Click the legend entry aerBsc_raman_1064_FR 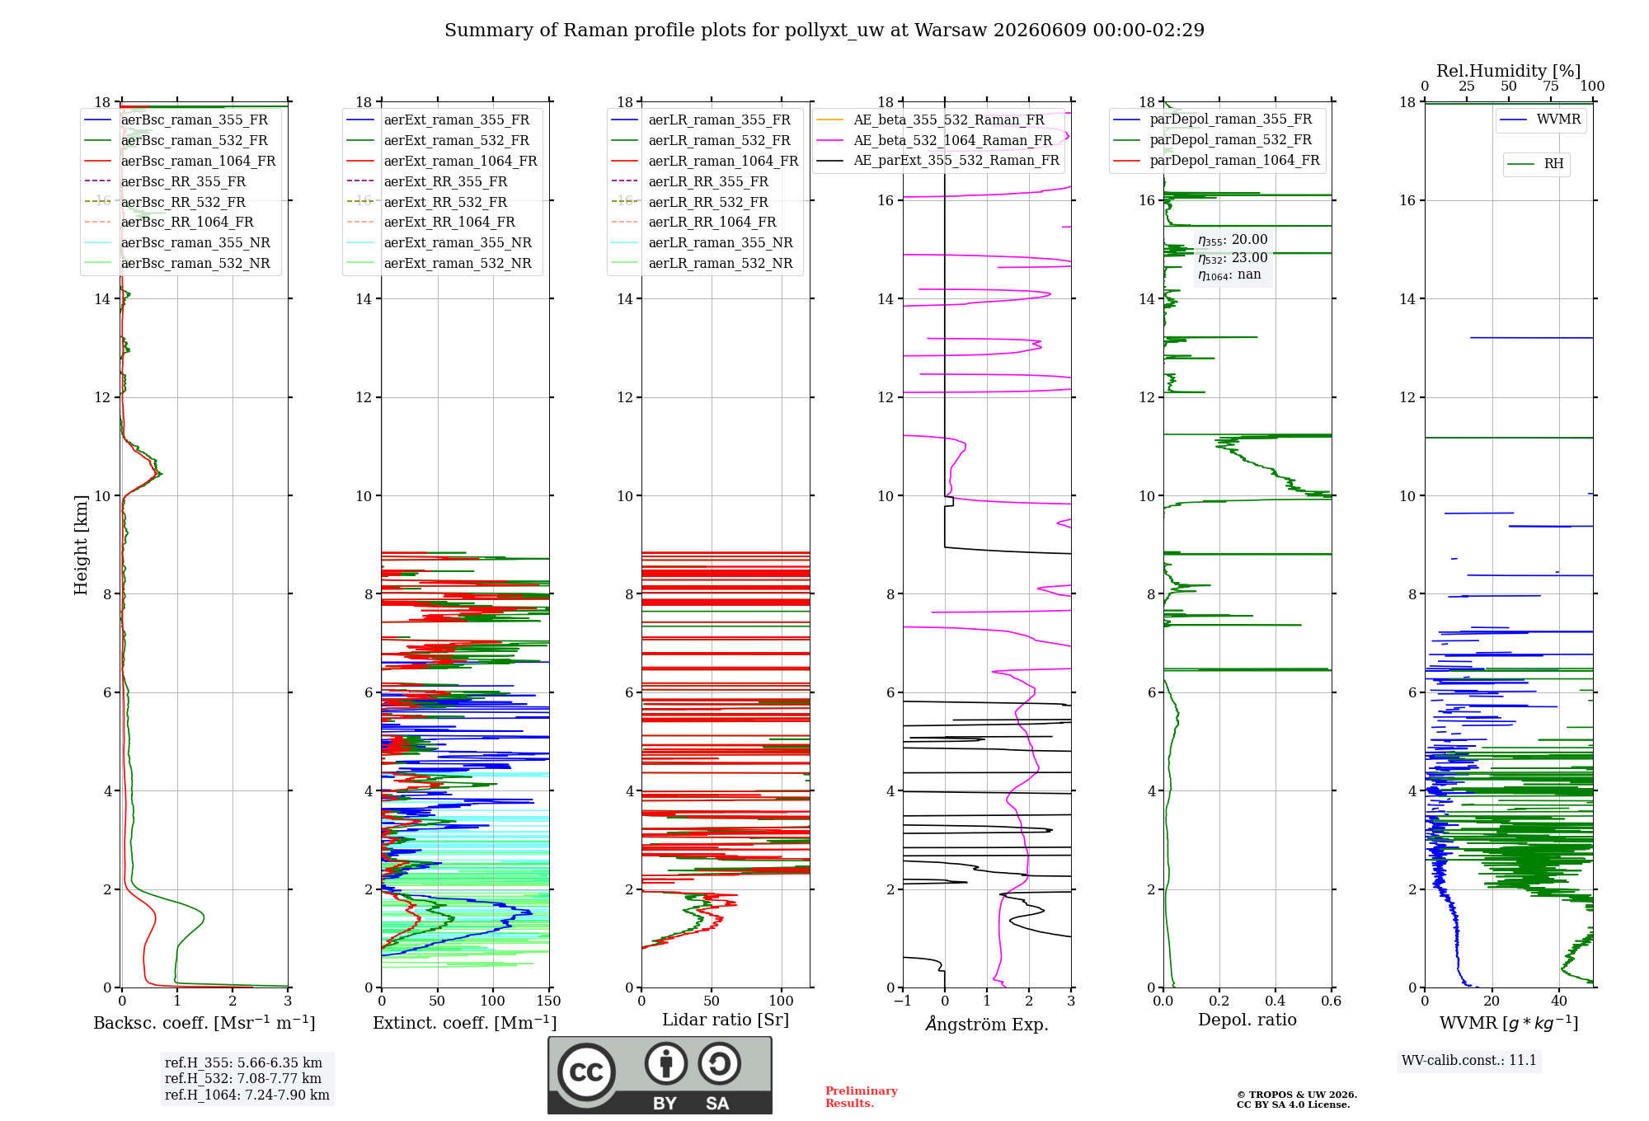pos(180,162)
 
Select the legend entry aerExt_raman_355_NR pos(439,243)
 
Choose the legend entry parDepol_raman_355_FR pos(1212,120)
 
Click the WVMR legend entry pos(1540,120)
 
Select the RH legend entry pos(1535,164)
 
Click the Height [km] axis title pos(81,545)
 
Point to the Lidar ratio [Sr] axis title pos(726,1020)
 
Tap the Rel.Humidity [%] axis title pos(1509,71)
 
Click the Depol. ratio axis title pos(1247,1020)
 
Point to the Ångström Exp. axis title pos(987,1024)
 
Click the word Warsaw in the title pos(951,30)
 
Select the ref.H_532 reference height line pos(243,1078)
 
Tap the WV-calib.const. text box pos(1469,1061)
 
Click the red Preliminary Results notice pos(862,1097)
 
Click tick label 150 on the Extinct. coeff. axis pos(548,1001)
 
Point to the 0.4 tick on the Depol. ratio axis pos(1276,1001)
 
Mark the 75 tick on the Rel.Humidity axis pos(1551,87)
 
